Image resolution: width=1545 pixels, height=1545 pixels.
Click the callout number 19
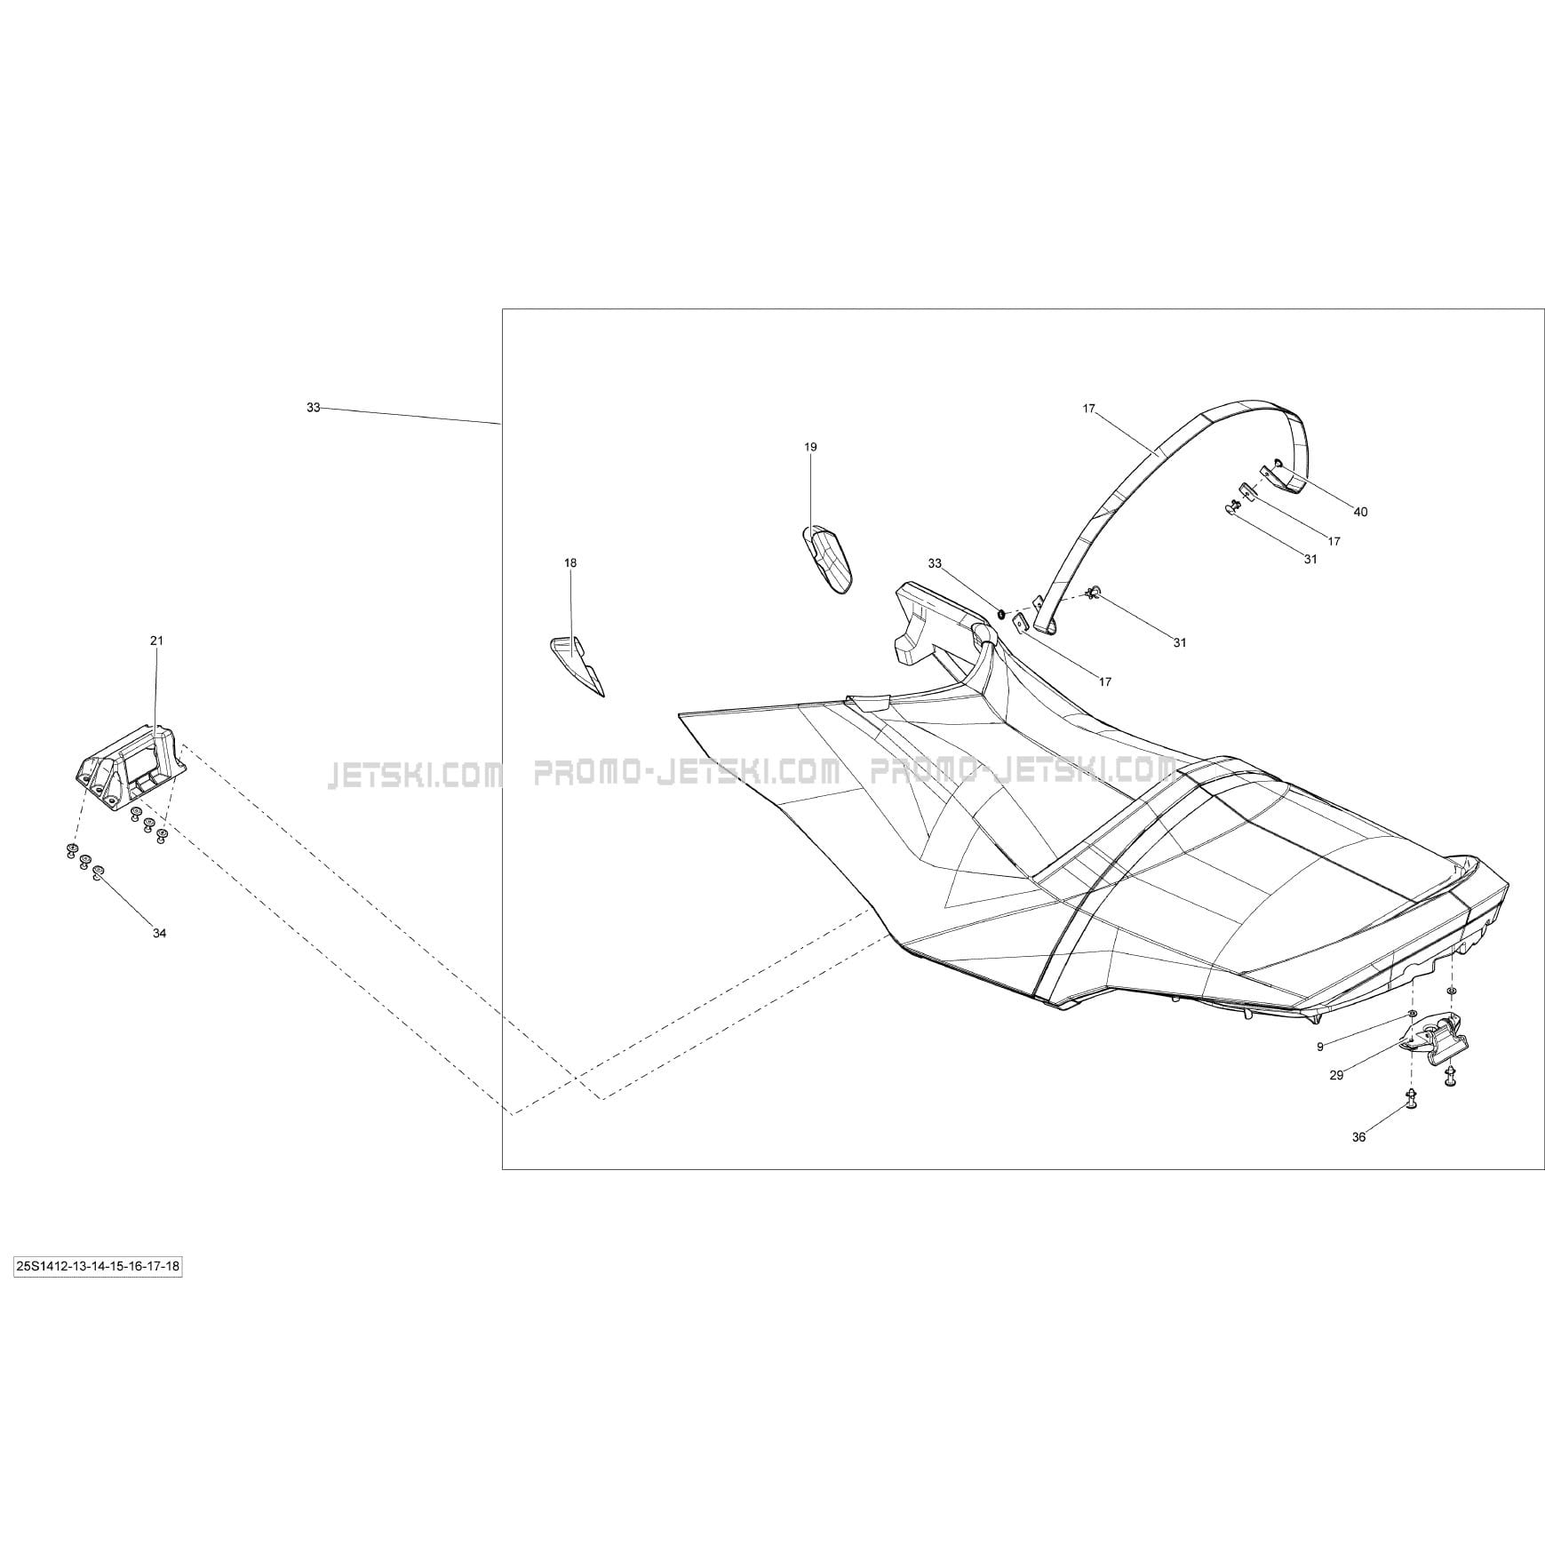coord(810,447)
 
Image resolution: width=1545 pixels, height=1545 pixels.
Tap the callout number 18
coord(570,562)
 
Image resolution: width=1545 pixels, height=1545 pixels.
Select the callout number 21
coord(156,641)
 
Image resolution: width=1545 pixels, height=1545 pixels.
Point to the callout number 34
coord(159,933)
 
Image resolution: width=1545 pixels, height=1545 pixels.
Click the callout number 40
coord(1360,512)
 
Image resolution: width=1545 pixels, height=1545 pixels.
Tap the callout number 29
coord(1336,1075)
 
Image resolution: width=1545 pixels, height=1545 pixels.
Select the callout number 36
coord(1358,1137)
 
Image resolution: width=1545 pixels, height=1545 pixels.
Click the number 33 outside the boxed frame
coord(313,408)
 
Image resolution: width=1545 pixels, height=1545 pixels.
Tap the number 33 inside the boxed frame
coord(934,563)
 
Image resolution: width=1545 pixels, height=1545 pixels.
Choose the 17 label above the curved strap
coord(1088,409)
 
